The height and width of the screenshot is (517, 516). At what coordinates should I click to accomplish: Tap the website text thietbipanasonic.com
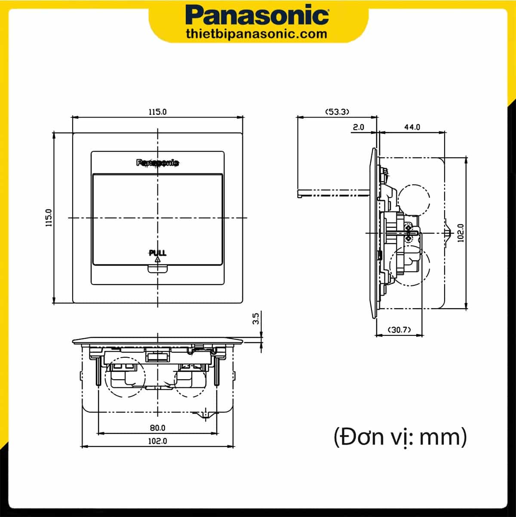point(257,34)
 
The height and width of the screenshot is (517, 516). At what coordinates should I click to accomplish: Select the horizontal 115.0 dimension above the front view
point(157,111)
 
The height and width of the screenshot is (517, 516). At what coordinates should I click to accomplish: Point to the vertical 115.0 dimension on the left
point(49,217)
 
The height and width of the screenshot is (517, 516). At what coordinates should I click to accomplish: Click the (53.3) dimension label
point(337,111)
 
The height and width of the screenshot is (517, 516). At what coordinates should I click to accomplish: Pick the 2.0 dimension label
point(358,127)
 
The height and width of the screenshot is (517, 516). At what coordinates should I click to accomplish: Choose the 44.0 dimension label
point(412,127)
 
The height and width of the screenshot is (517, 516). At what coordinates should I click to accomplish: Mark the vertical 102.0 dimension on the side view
point(461,233)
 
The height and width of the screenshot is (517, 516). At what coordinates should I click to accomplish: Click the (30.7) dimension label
point(399,330)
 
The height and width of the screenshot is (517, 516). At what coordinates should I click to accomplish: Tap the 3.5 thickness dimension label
point(255,319)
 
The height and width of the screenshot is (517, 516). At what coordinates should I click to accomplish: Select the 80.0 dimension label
point(157,428)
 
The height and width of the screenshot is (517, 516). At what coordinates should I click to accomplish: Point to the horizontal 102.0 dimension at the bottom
point(157,441)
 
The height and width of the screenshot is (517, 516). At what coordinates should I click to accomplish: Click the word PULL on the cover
point(157,253)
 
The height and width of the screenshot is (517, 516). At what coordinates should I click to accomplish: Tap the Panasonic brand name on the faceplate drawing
point(158,163)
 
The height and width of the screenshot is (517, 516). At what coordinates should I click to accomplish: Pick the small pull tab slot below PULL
point(157,269)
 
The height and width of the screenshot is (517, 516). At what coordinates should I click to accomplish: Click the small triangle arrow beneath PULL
point(157,260)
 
